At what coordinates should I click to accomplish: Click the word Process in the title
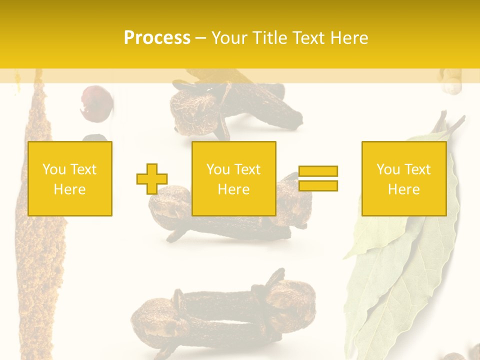(157, 38)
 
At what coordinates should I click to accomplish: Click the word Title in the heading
(270, 38)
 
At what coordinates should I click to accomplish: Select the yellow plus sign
(152, 178)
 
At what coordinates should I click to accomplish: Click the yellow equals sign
(318, 178)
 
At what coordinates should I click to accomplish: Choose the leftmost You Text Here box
(70, 178)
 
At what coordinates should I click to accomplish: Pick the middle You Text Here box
(234, 178)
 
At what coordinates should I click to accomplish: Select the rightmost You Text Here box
(404, 178)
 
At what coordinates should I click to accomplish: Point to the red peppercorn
(96, 103)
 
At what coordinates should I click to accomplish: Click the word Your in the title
(230, 38)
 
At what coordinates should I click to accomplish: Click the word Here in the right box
(404, 189)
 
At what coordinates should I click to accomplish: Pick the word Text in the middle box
(246, 169)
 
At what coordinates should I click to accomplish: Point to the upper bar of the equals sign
(318, 171)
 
